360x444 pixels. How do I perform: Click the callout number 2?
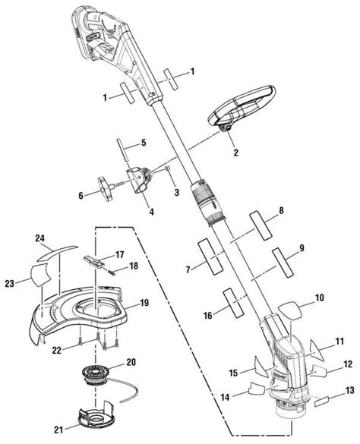click(x=235, y=152)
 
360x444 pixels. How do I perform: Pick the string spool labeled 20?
click(x=102, y=373)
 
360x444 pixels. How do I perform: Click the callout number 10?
click(x=319, y=298)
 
